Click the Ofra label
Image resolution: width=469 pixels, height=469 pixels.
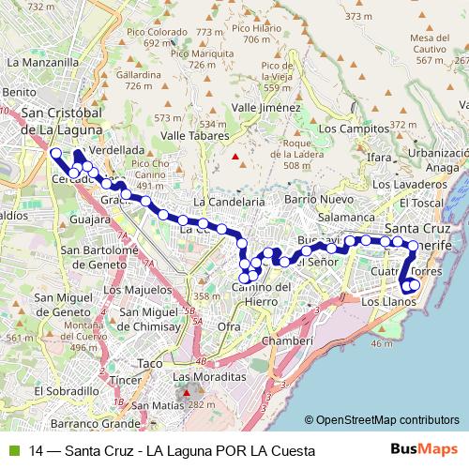click(229, 325)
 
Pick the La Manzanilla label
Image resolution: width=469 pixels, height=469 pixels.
click(43, 62)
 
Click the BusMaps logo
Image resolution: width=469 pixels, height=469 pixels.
click(424, 450)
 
